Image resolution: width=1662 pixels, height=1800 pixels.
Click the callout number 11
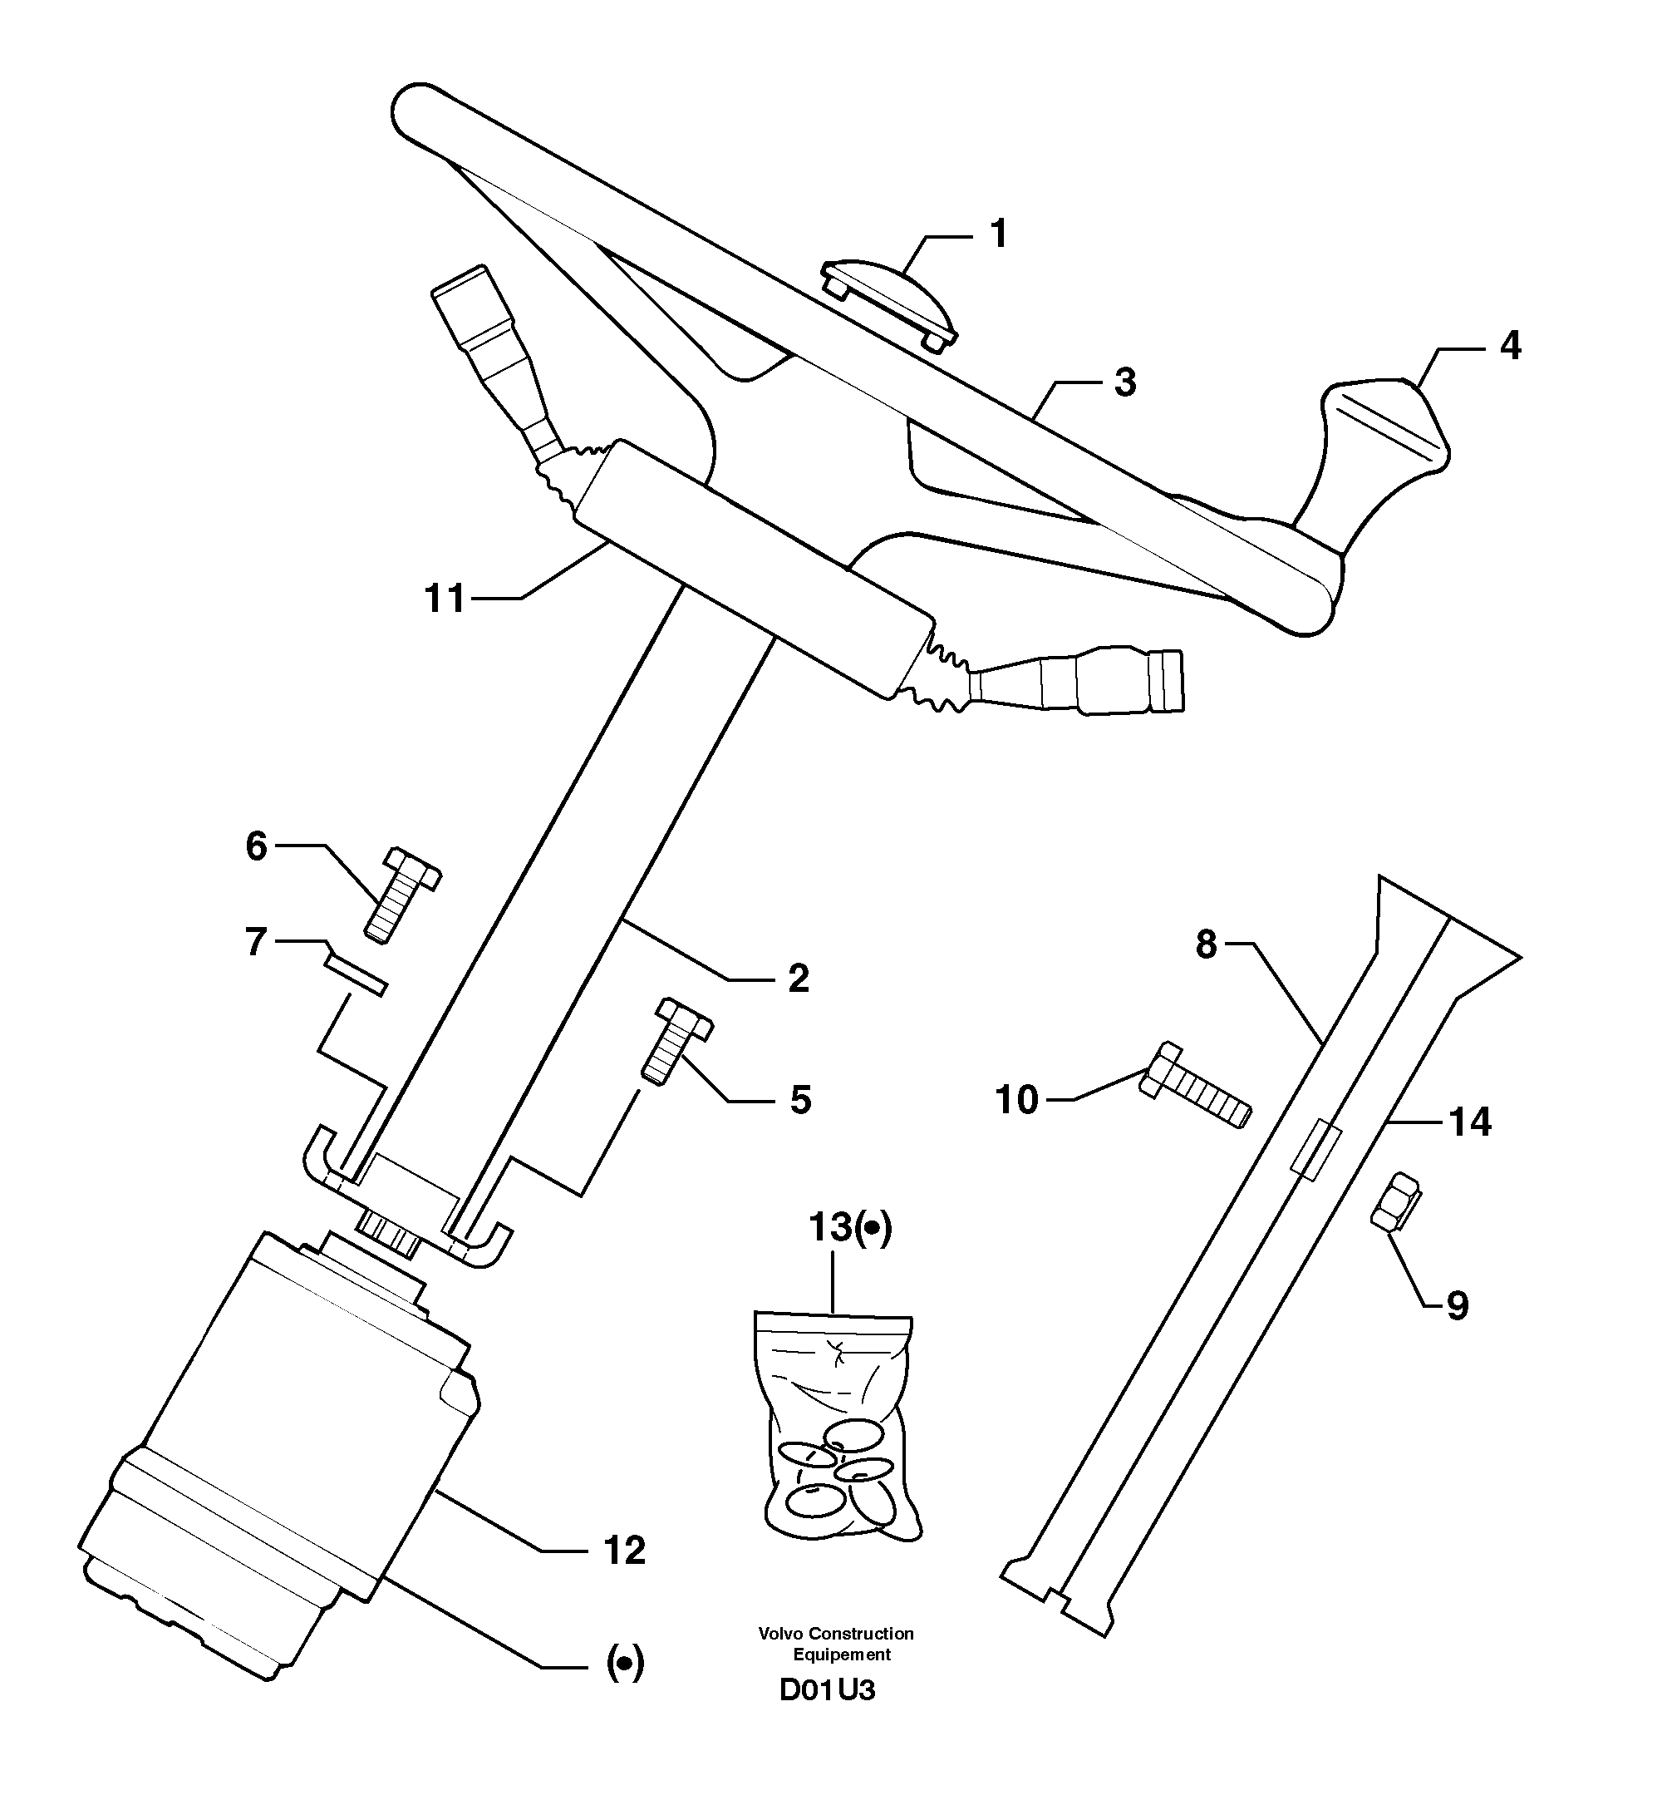pos(445,599)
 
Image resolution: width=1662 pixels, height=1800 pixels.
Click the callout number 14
pos(1469,1122)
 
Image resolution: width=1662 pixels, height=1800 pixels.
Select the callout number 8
pos(1206,944)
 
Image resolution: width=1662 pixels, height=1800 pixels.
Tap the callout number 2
pos(798,979)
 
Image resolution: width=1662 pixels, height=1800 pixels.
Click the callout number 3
pos(1124,382)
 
